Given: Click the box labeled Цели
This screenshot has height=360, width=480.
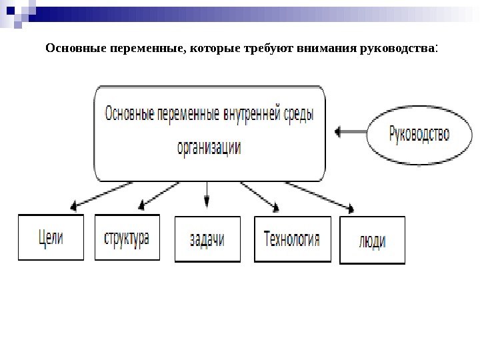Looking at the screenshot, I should (51, 237).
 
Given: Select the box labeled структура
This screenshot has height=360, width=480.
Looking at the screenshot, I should (127, 237).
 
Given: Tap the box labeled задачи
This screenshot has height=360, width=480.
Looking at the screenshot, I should (207, 239).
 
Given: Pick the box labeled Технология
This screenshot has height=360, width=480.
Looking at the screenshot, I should (292, 239).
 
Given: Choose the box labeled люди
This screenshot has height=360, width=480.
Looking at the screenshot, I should (372, 241).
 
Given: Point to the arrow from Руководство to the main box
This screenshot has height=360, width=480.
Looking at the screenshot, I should (351, 132).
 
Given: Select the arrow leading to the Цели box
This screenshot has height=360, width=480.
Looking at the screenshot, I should (97, 195).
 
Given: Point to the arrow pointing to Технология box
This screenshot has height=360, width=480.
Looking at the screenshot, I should (260, 195).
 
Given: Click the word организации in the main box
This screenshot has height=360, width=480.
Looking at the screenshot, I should (209, 147).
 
